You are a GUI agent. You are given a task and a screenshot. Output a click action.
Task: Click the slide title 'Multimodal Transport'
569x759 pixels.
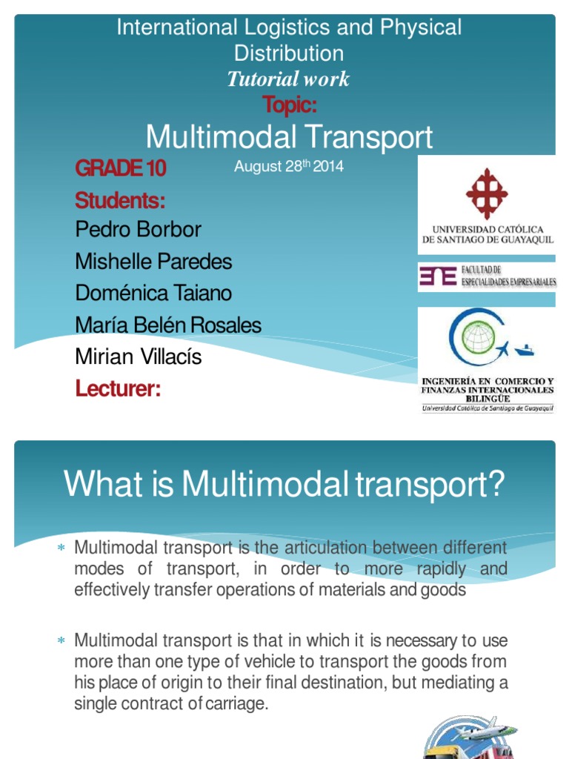(x=289, y=137)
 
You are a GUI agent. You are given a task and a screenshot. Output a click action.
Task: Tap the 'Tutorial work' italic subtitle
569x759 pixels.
(x=288, y=79)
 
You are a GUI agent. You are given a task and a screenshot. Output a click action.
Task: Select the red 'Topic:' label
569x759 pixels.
(x=289, y=105)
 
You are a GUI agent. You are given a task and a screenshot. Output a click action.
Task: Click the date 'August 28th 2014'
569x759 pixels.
(x=289, y=167)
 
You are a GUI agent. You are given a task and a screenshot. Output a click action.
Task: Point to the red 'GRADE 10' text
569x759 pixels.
(x=121, y=169)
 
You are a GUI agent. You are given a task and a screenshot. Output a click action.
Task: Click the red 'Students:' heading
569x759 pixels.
(x=120, y=200)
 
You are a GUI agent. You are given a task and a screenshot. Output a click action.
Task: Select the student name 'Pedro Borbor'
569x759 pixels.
(x=138, y=229)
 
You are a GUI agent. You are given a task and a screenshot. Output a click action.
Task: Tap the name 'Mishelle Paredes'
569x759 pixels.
(x=153, y=261)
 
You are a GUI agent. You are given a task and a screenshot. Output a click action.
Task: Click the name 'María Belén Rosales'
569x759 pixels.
(x=168, y=325)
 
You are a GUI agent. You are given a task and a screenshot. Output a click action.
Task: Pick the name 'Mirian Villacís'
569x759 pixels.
(x=139, y=357)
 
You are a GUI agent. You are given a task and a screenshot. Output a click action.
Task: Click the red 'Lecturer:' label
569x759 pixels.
(x=118, y=388)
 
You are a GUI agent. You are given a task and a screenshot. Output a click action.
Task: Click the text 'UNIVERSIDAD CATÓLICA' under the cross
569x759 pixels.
(x=488, y=230)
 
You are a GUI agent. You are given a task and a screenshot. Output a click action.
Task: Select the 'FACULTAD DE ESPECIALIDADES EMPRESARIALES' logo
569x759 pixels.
(x=487, y=276)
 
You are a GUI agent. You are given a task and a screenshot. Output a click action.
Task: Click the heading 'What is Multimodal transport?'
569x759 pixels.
(x=284, y=484)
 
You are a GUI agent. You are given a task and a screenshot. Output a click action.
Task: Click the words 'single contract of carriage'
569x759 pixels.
(x=170, y=703)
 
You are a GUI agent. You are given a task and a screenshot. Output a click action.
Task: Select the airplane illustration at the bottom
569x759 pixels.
(x=474, y=729)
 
